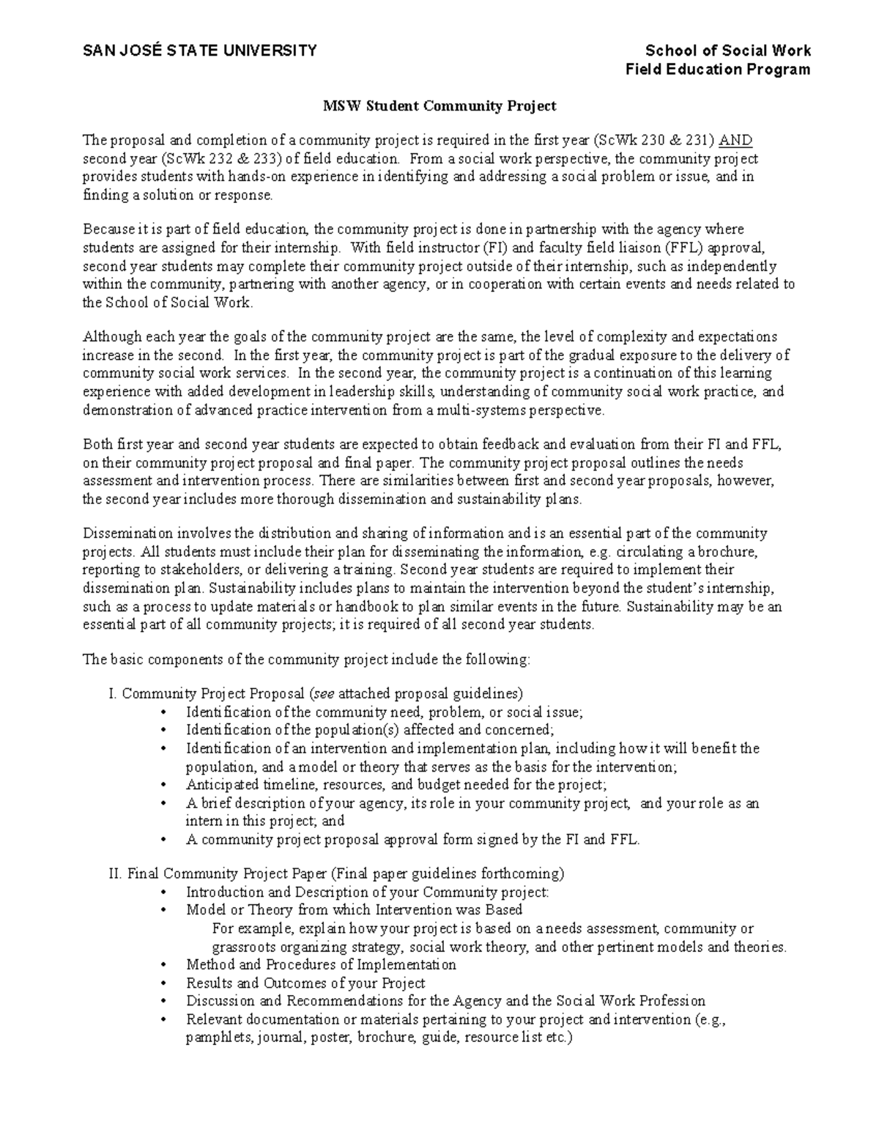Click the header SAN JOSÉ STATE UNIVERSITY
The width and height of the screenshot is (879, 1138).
tap(199, 50)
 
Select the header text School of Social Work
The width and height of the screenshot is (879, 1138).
tap(727, 50)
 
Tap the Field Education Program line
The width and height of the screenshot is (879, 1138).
tap(717, 69)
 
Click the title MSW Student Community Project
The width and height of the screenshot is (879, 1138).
tap(440, 106)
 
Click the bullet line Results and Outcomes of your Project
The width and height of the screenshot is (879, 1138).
tap(305, 983)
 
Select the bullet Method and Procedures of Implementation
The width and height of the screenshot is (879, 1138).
tap(321, 964)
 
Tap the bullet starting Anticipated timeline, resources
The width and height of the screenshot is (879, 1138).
tap(396, 785)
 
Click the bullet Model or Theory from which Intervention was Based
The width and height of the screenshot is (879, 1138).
tap(354, 909)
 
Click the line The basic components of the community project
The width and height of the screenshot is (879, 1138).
tap(305, 659)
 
